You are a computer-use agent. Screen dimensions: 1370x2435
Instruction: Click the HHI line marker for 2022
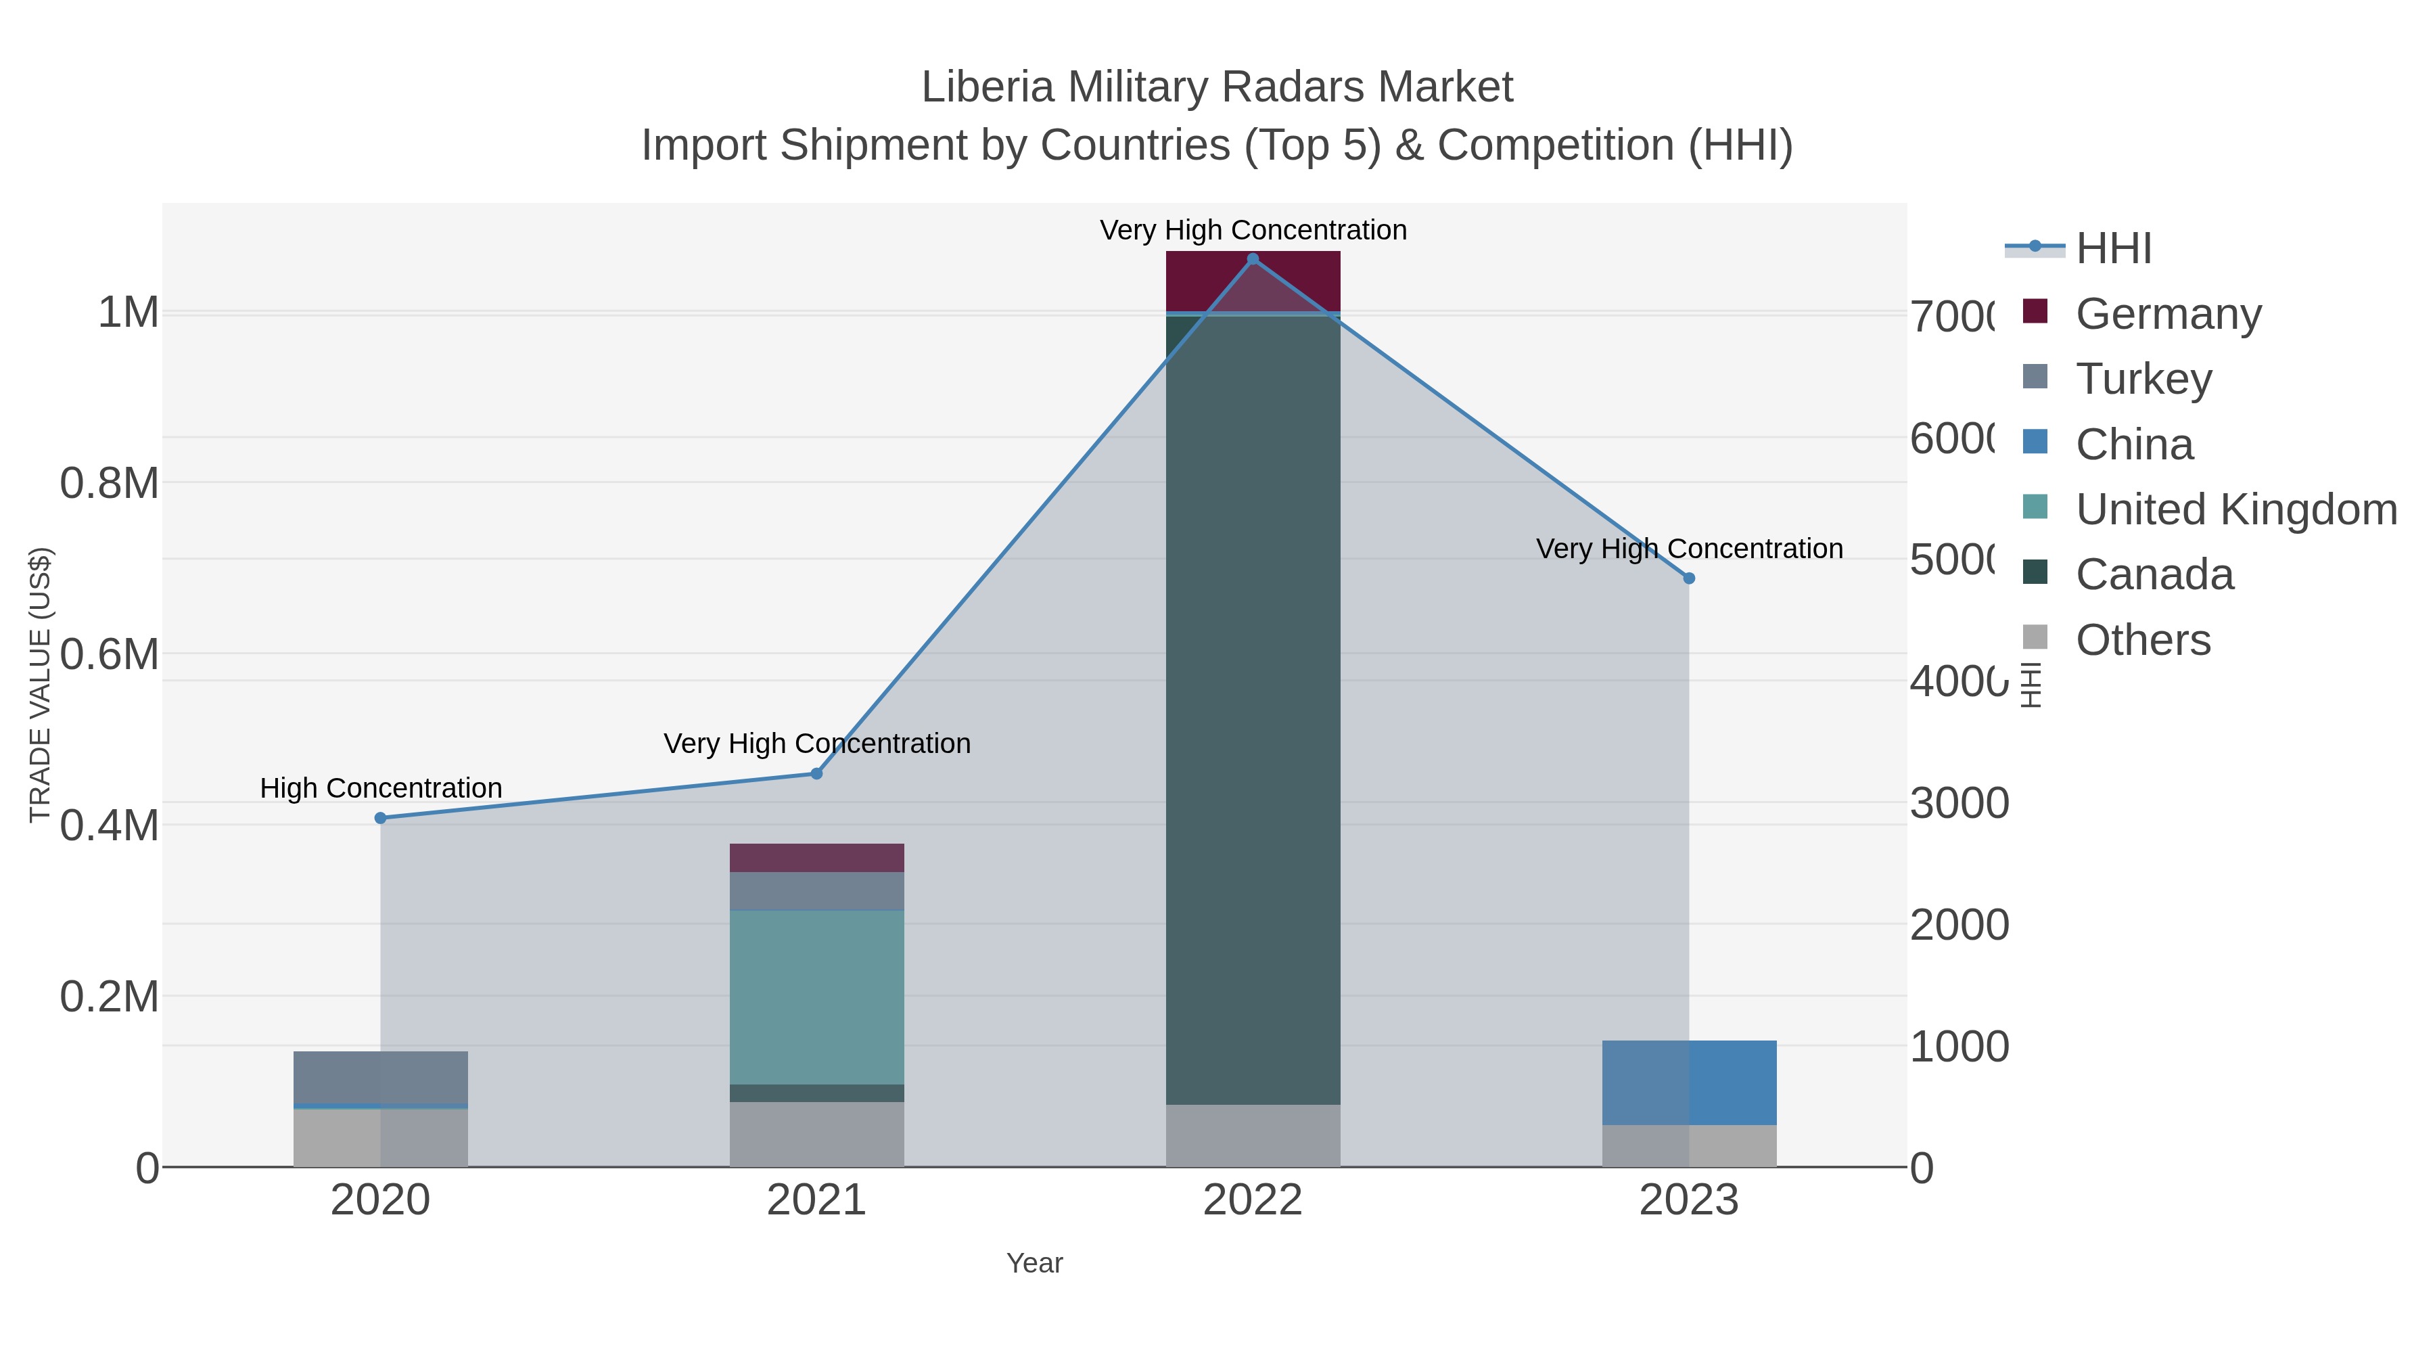pyautogui.click(x=1253, y=259)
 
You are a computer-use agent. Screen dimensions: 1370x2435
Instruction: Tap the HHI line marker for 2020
pyautogui.click(x=380, y=818)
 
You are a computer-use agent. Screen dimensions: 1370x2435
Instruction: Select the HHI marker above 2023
pyautogui.click(x=1689, y=578)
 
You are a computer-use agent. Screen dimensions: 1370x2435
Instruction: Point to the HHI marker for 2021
pyautogui.click(x=816, y=773)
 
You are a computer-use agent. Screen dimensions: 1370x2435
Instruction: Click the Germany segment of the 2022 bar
pyautogui.click(x=1253, y=281)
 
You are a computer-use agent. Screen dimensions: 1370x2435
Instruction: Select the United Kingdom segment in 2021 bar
pyautogui.click(x=816, y=997)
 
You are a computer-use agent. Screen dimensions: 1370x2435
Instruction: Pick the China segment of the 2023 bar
pyautogui.click(x=1689, y=1082)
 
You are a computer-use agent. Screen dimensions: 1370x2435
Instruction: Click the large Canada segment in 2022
pyautogui.click(x=1253, y=709)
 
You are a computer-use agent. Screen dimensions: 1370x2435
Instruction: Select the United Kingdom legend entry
pyautogui.click(x=2235, y=509)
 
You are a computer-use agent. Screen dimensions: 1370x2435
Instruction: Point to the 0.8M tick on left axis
pyautogui.click(x=110, y=483)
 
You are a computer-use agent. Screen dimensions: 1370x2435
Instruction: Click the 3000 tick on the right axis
pyautogui.click(x=1959, y=802)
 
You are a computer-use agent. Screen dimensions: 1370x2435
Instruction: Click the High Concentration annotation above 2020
pyautogui.click(x=381, y=787)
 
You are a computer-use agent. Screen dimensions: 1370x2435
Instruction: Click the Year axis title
pyautogui.click(x=1034, y=1263)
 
